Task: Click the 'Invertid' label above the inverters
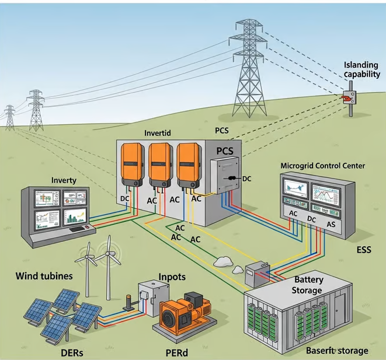click(158, 133)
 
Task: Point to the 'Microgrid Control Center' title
click(322, 166)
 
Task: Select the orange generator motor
click(183, 316)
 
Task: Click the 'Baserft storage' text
click(337, 351)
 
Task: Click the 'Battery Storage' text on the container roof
click(308, 285)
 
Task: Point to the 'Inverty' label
click(64, 180)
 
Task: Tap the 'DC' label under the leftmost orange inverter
click(124, 198)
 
